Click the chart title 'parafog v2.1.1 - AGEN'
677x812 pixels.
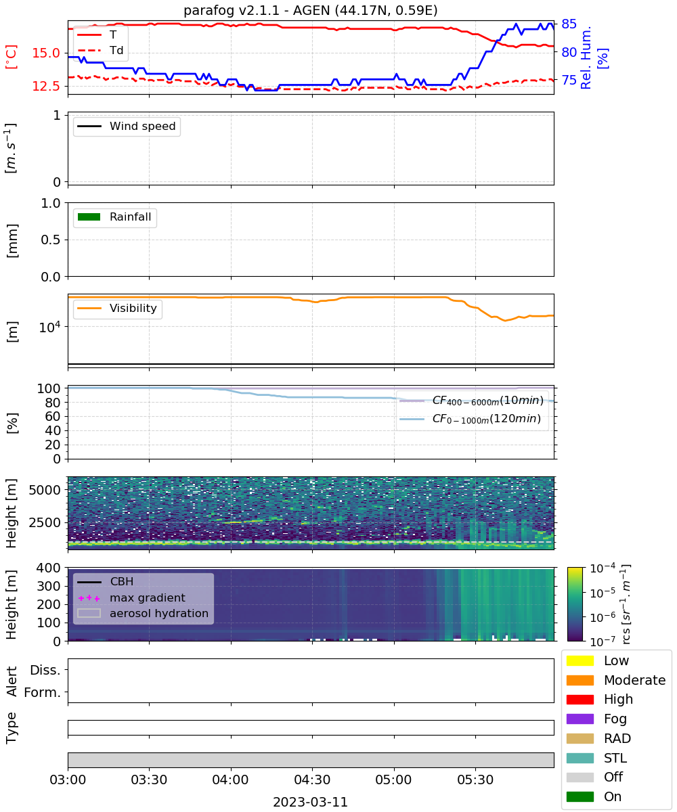point(257,10)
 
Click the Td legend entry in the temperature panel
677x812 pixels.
point(100,50)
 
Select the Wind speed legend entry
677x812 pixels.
point(127,126)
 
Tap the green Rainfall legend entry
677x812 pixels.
point(114,217)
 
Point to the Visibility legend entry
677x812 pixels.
point(116,308)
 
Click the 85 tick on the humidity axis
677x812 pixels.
point(569,24)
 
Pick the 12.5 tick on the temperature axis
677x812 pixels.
point(46,86)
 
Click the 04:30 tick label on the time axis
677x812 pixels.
point(312,780)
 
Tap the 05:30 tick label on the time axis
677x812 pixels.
point(475,780)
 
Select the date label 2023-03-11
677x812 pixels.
point(310,802)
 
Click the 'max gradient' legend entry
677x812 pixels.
point(131,597)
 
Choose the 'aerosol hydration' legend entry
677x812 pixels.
point(143,613)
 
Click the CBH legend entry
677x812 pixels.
point(106,581)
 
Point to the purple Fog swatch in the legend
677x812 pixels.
point(580,719)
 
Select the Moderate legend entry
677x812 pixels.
point(616,680)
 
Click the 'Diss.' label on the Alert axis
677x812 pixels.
point(45,670)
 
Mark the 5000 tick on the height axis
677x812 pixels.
point(45,490)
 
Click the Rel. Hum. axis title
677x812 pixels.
point(586,58)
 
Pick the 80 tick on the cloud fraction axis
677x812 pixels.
point(53,403)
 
